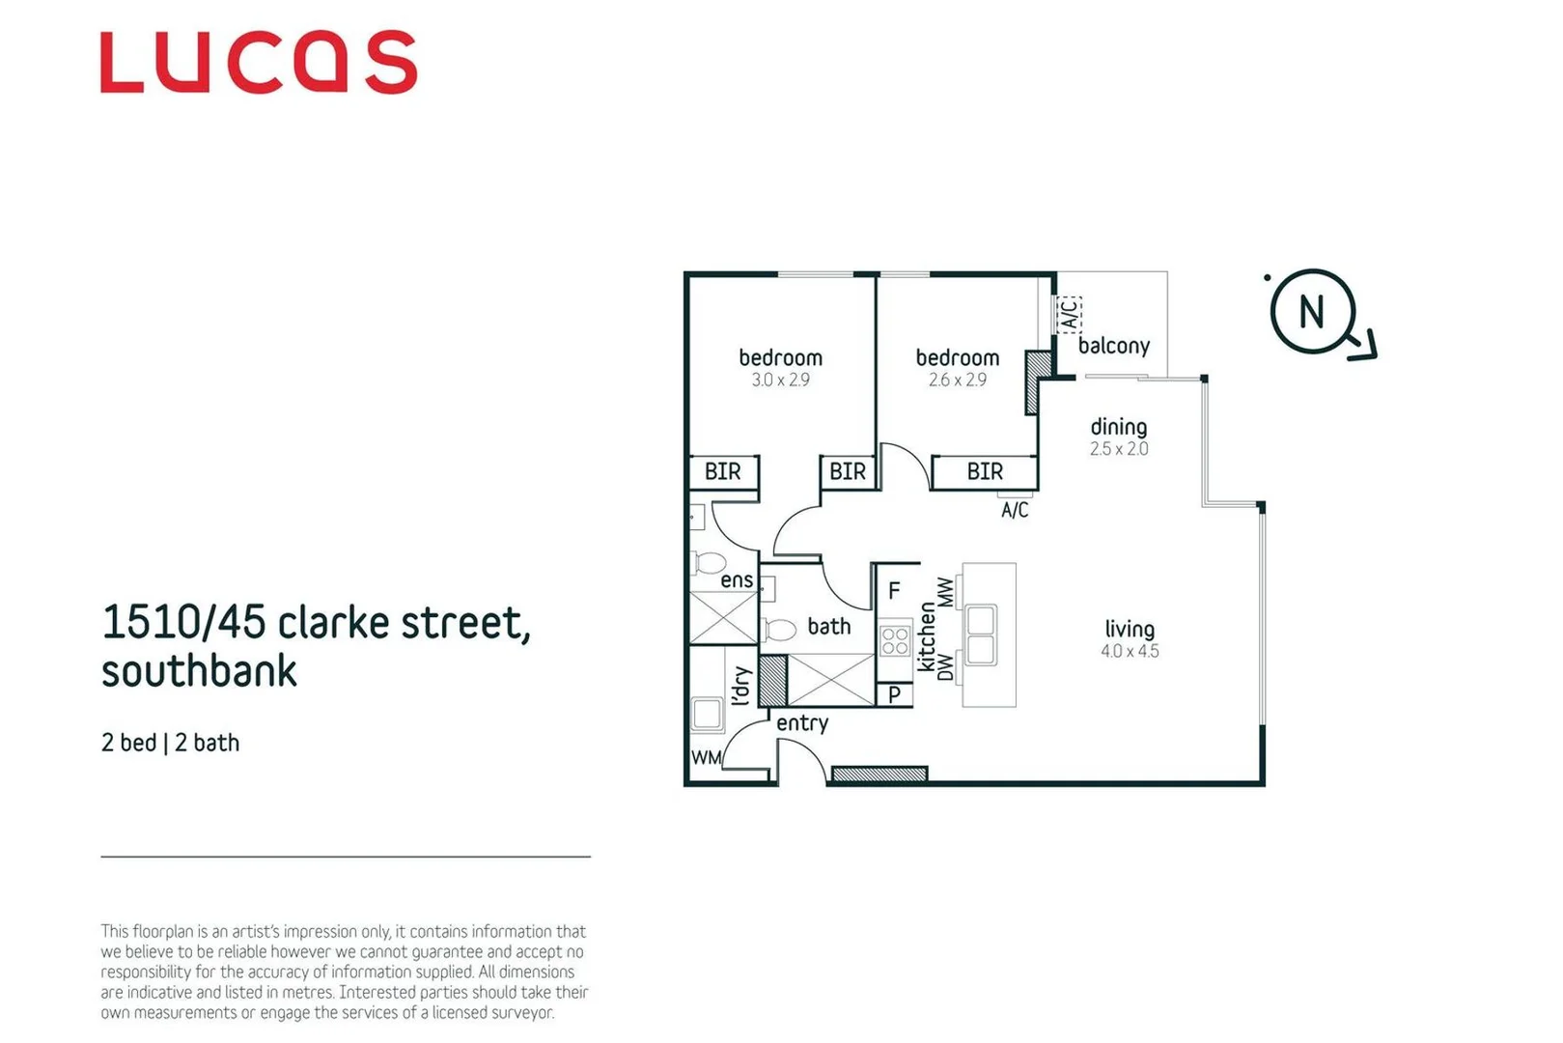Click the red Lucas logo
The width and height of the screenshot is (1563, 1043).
pyautogui.click(x=258, y=63)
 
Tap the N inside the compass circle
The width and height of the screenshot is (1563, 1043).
pyautogui.click(x=1311, y=312)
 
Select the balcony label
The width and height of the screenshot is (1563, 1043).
pyautogui.click(x=1113, y=346)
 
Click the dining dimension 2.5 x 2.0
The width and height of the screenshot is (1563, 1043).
pyautogui.click(x=1119, y=449)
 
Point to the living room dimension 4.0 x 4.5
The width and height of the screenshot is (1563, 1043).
pyautogui.click(x=1130, y=652)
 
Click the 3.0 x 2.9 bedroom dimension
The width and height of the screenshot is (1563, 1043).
pyautogui.click(x=780, y=381)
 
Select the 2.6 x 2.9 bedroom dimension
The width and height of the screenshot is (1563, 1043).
pyautogui.click(x=957, y=381)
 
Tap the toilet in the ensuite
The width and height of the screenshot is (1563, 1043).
pyautogui.click(x=710, y=563)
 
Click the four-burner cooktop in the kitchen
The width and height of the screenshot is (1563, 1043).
pyautogui.click(x=895, y=640)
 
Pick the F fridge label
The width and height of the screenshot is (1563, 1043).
pyautogui.click(x=894, y=591)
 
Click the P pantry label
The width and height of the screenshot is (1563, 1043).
pyautogui.click(x=894, y=694)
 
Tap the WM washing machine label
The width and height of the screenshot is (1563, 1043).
pyautogui.click(x=706, y=758)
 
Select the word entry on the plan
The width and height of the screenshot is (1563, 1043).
pyautogui.click(x=802, y=723)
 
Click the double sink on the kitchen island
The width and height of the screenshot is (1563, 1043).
pyautogui.click(x=981, y=634)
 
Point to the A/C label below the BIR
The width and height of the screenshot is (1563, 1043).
pyautogui.click(x=1015, y=510)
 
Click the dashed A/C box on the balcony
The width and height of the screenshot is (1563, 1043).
pyautogui.click(x=1069, y=314)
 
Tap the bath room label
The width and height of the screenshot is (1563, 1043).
pyautogui.click(x=828, y=627)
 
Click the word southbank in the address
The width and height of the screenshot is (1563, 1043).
pyautogui.click(x=199, y=671)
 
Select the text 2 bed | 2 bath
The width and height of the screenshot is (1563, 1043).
pyautogui.click(x=170, y=743)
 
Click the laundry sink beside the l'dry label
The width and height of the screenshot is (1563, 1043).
pyautogui.click(x=708, y=714)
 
